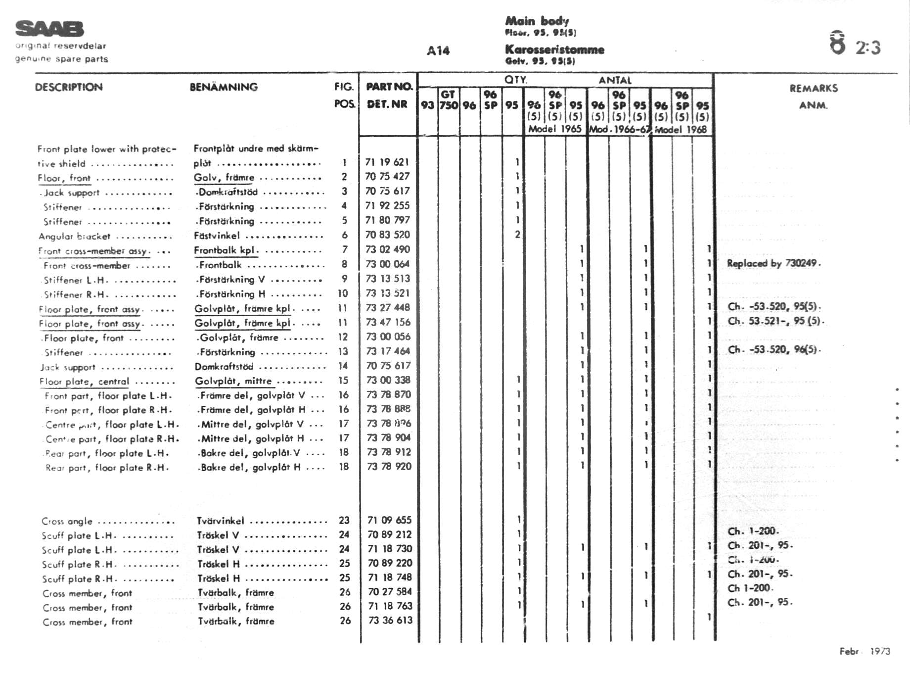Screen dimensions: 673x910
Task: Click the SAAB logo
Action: [49, 29]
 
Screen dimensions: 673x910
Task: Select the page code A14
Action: [438, 50]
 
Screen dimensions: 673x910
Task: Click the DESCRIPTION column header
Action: [69, 87]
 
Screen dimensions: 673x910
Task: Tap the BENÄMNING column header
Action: [224, 87]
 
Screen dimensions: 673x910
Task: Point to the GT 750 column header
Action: [449, 100]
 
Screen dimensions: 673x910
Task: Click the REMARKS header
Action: [814, 89]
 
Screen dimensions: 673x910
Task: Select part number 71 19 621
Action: [387, 162]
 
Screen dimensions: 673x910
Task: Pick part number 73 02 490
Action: [388, 249]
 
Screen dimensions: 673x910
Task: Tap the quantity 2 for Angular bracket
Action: [517, 235]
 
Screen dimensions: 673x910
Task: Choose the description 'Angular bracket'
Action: [74, 236]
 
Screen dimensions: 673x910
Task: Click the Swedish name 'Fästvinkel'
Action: [217, 236]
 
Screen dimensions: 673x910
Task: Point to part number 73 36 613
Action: [390, 620]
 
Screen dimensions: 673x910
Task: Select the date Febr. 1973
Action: [864, 651]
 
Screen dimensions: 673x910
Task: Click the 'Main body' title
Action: [537, 21]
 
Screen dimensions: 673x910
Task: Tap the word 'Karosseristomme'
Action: [554, 49]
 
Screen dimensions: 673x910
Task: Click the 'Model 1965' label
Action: [555, 129]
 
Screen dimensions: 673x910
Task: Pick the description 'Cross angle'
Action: [67, 521]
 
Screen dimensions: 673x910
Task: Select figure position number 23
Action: [344, 520]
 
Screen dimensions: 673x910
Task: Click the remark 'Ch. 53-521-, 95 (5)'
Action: [774, 321]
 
